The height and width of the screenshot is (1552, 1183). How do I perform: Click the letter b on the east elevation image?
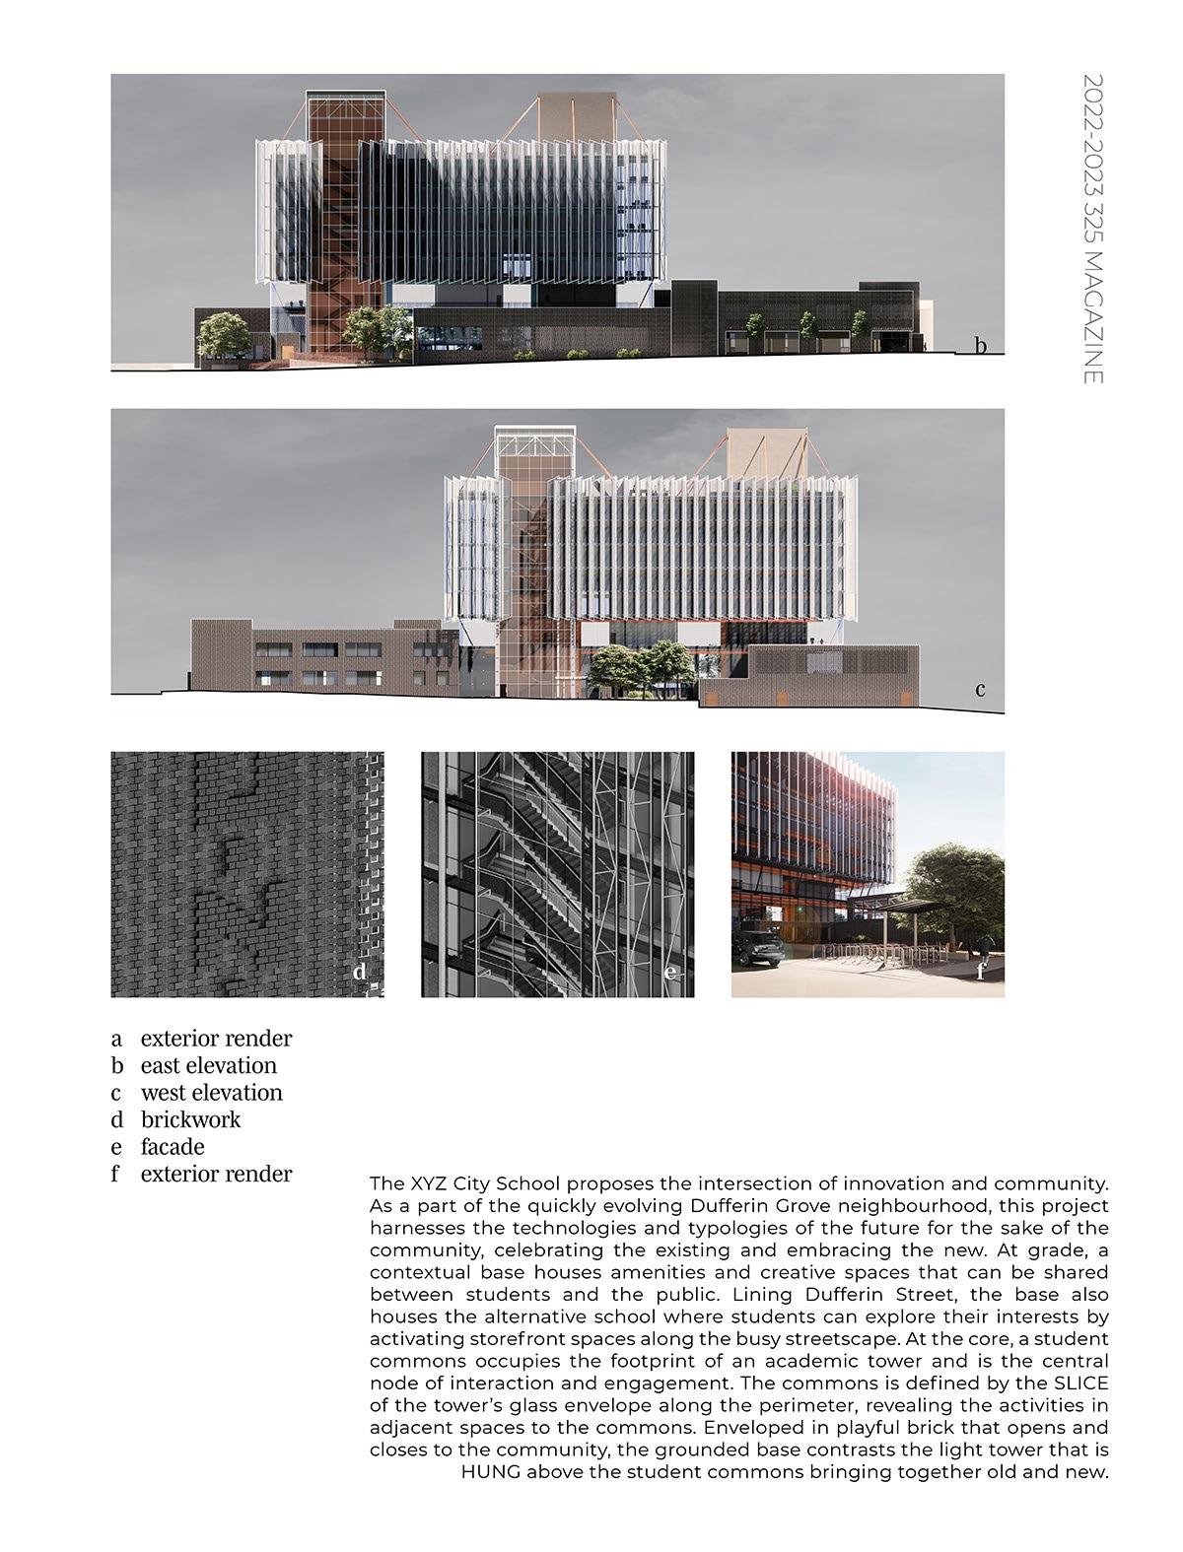click(x=980, y=345)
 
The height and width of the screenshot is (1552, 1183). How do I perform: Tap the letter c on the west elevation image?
click(x=980, y=689)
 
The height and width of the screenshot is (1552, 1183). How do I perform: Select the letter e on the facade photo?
click(x=671, y=974)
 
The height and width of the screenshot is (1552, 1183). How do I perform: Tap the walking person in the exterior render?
click(x=986, y=948)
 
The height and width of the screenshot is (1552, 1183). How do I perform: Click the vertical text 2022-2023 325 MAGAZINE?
click(x=1092, y=229)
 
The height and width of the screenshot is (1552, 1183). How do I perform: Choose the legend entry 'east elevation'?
click(x=209, y=1065)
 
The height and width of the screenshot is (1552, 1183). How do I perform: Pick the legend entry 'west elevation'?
click(x=211, y=1093)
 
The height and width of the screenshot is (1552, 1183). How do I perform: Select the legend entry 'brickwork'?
click(x=190, y=1119)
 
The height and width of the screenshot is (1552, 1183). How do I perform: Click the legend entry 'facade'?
click(x=173, y=1147)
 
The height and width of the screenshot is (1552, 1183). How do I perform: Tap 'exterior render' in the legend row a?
click(x=216, y=1039)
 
